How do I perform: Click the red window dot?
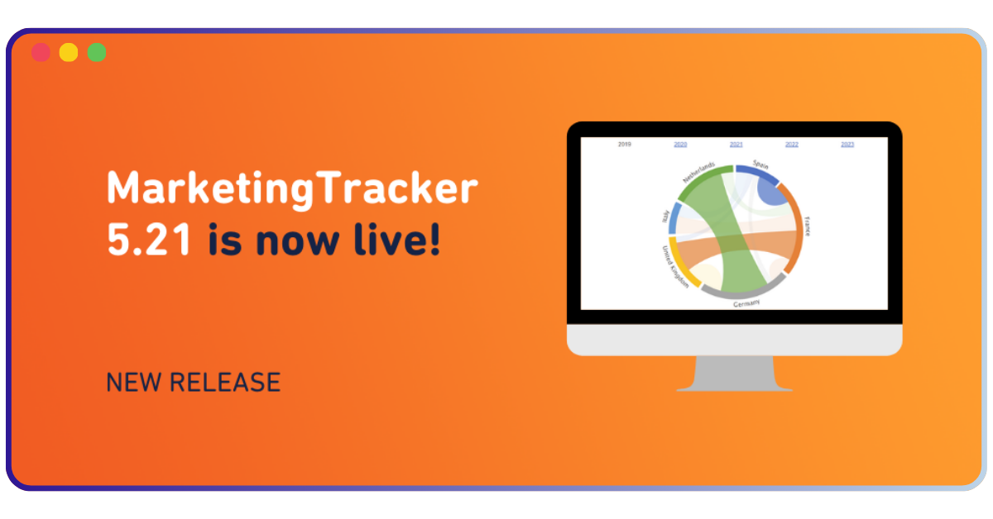click(x=41, y=52)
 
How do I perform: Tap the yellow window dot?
click(x=69, y=52)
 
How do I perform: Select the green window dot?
click(x=97, y=52)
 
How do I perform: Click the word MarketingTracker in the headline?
click(x=292, y=189)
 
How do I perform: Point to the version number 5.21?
click(x=149, y=240)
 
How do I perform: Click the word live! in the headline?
click(x=396, y=239)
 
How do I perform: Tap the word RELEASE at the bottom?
click(x=225, y=382)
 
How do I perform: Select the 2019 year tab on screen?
click(x=624, y=145)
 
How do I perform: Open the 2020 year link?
click(x=680, y=145)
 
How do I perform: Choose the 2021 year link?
click(x=736, y=145)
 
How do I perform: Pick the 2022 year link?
click(x=792, y=145)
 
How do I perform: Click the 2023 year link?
click(x=847, y=145)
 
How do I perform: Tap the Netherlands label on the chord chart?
click(x=698, y=172)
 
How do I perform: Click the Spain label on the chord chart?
click(x=760, y=164)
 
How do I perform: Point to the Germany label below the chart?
click(x=746, y=303)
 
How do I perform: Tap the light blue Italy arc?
click(x=674, y=218)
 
